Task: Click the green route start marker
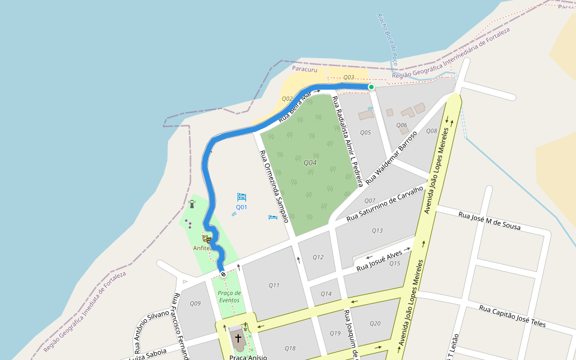tap(371, 87)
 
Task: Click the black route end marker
tap(223, 274)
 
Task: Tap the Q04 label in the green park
tap(310, 163)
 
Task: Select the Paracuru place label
tap(304, 69)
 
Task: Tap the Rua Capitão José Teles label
tap(512, 316)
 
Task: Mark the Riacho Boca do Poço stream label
tap(388, 39)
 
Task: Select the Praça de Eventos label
tap(229, 296)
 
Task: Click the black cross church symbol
tap(238, 338)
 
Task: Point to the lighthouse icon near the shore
tap(192, 203)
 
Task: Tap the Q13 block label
tap(377, 230)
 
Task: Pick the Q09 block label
tap(195, 304)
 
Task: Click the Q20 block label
tap(375, 323)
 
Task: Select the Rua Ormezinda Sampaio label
tap(274, 186)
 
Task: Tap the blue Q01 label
tap(241, 207)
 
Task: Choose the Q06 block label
tap(401, 125)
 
